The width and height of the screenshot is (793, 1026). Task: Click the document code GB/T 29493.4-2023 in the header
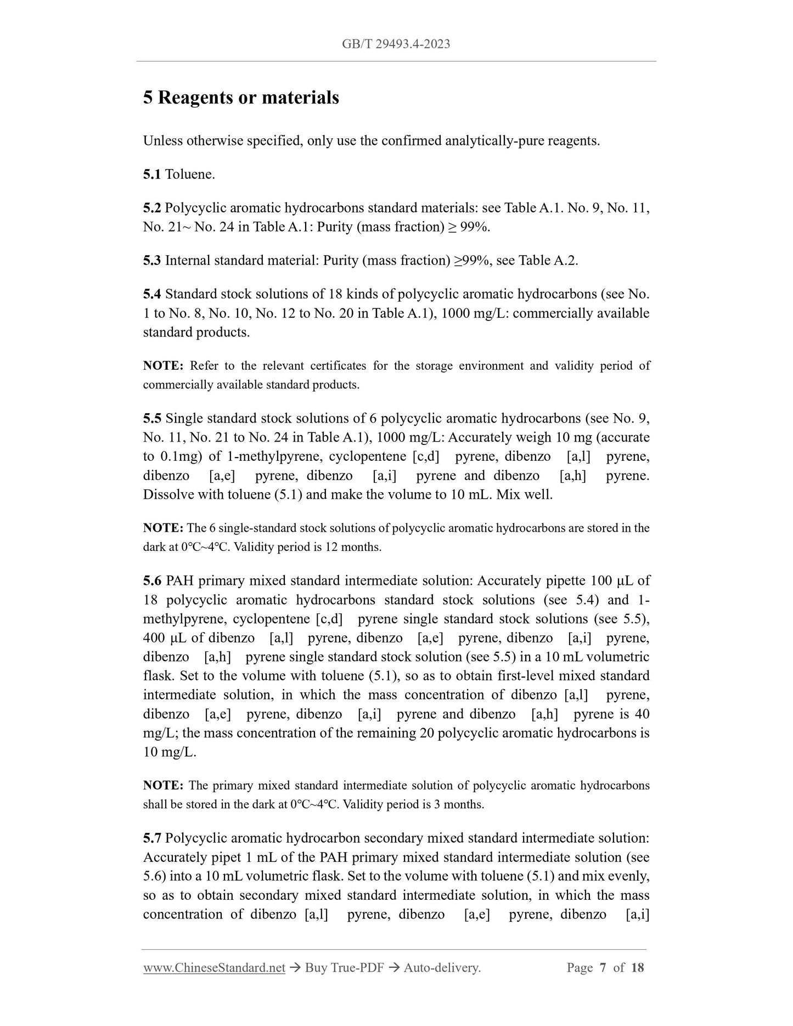pos(396,44)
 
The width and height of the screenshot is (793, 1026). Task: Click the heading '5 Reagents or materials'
pos(241,98)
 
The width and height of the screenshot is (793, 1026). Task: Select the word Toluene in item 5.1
pos(189,174)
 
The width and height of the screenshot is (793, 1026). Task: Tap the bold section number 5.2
pos(151,208)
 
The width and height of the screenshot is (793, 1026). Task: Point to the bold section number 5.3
pos(151,260)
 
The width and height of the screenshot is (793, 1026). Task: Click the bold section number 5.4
pos(151,294)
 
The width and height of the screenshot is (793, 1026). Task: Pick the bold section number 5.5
pos(151,419)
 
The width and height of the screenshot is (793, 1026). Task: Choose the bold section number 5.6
pos(152,580)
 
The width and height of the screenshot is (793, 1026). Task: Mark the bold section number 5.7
pos(151,838)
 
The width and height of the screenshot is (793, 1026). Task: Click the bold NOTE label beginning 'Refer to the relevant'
pos(163,366)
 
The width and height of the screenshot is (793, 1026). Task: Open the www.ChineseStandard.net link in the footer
pos(214,967)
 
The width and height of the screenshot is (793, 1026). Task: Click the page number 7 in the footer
pos(603,967)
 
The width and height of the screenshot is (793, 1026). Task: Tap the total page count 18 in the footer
pos(637,967)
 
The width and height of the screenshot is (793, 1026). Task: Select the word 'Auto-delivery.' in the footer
pos(442,967)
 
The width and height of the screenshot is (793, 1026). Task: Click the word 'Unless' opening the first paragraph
pos(162,141)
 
